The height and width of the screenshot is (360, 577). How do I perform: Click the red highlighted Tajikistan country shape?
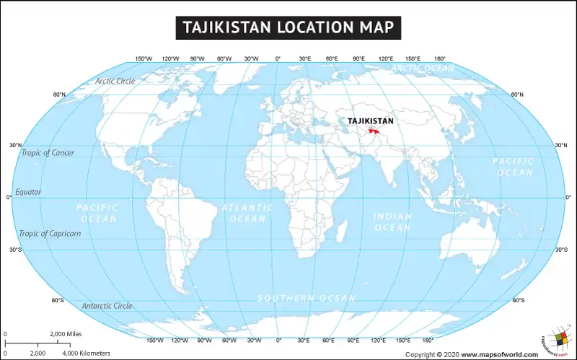point(374,131)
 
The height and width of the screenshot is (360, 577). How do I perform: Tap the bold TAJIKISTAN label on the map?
point(371,120)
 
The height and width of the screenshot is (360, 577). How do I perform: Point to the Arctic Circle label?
point(115,81)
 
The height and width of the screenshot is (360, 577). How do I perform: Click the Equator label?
point(28,192)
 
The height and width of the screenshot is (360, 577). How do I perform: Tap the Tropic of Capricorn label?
point(50,233)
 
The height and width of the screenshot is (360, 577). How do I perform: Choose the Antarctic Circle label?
point(107,306)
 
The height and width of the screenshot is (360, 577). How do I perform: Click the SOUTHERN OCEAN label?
point(307,298)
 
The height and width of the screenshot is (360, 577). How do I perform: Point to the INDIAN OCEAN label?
point(392,221)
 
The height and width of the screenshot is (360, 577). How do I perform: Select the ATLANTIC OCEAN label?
point(247,213)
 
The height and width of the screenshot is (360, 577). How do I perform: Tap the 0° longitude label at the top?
point(278,58)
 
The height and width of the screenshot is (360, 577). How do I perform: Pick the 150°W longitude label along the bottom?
point(154,340)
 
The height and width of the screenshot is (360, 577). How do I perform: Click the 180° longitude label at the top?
point(439,58)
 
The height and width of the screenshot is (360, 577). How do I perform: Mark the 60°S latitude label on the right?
point(518,300)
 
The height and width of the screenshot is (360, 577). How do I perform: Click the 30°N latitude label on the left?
point(16,146)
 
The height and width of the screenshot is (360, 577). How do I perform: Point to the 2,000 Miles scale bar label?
point(67,334)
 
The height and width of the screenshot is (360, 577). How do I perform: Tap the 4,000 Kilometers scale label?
point(86,353)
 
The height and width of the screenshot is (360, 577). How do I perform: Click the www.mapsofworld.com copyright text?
point(499,354)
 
